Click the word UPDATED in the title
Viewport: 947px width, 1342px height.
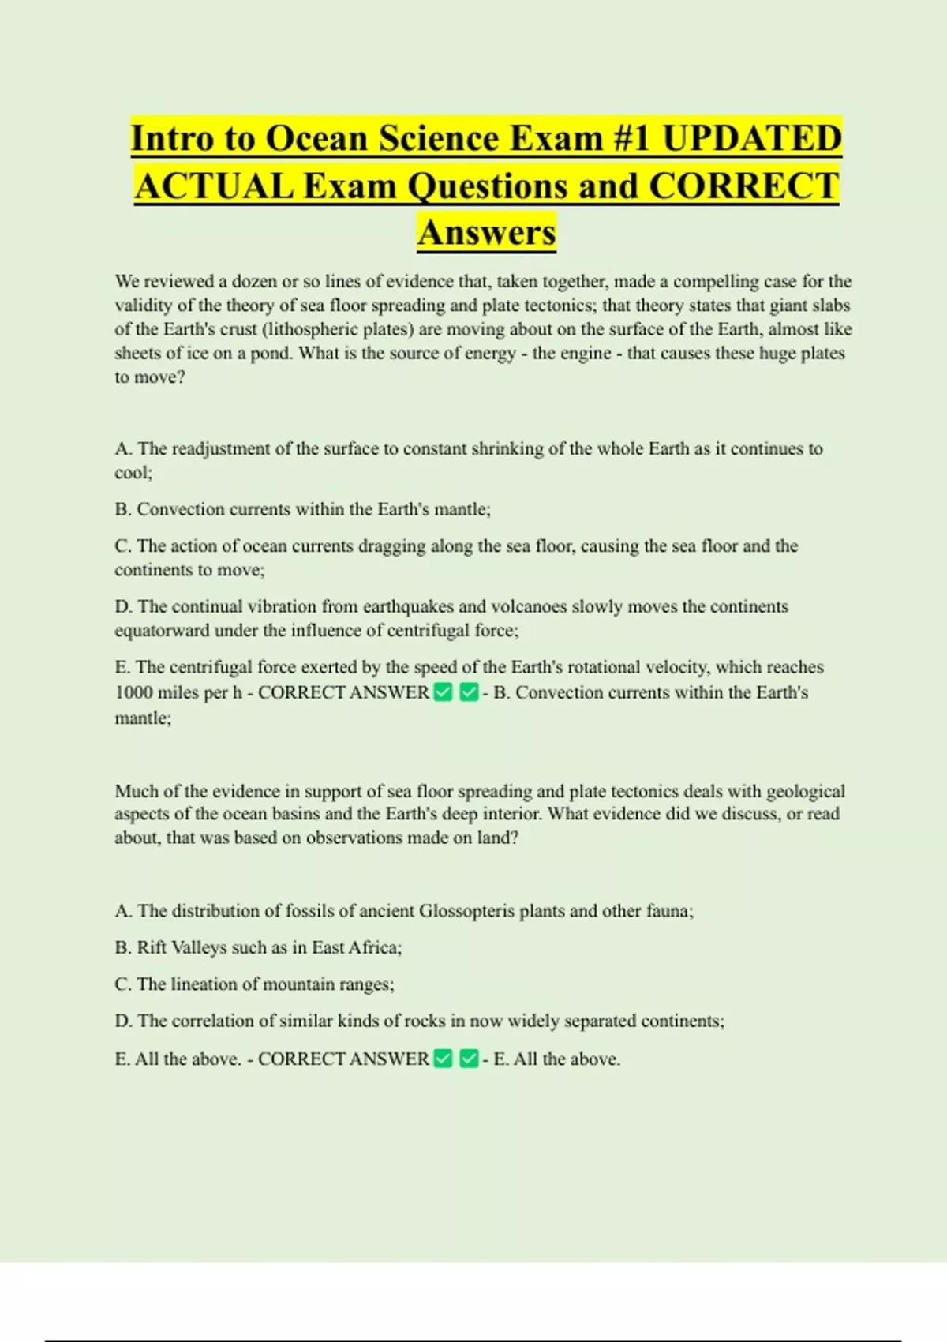click(751, 138)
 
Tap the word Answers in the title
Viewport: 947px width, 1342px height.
click(487, 233)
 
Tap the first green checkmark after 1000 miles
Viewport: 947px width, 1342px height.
click(444, 693)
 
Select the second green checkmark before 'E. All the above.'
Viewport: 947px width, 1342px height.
click(469, 1059)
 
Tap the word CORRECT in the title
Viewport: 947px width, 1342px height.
click(743, 186)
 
